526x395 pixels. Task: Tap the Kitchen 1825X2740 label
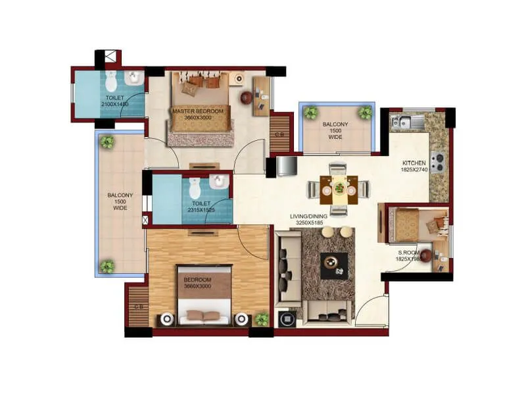coord(414,167)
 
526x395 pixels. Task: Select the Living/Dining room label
coord(310,220)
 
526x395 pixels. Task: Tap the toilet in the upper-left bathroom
coord(110,82)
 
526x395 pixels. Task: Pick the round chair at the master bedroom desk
coord(246,98)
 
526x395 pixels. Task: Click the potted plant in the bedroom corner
coord(262,319)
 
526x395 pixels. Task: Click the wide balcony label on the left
coord(120,201)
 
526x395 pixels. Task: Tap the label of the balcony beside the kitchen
coord(335,130)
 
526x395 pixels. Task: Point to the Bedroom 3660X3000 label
coord(197,284)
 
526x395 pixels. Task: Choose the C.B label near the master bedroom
coord(279,134)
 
